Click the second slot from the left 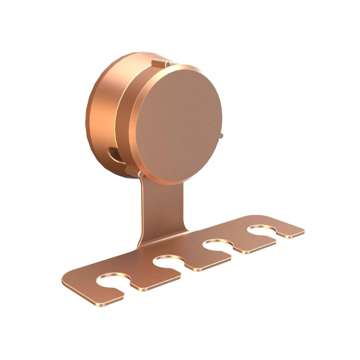169,263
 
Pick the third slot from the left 216,246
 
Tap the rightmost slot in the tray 261,230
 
